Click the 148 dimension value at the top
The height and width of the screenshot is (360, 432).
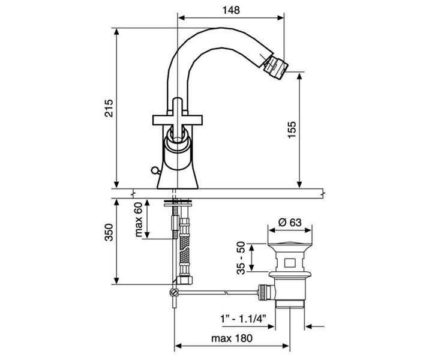click(231, 10)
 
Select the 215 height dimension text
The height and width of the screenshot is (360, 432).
click(109, 108)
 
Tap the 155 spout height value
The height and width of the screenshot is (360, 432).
click(292, 130)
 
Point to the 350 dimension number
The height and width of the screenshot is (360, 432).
click(109, 232)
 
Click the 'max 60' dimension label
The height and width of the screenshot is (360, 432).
click(139, 220)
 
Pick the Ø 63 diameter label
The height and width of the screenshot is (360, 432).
click(290, 222)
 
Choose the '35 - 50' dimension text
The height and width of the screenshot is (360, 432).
click(241, 258)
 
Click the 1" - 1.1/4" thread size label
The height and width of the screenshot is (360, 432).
click(243, 319)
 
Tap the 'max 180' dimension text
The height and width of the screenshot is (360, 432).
click(232, 338)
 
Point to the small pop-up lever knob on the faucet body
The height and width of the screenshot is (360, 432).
click(155, 170)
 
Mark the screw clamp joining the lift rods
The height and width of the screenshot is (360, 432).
click(173, 292)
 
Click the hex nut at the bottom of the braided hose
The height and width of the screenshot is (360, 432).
click(185, 280)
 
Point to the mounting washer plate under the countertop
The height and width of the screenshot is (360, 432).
click(178, 204)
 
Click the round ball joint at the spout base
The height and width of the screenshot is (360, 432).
click(178, 140)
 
